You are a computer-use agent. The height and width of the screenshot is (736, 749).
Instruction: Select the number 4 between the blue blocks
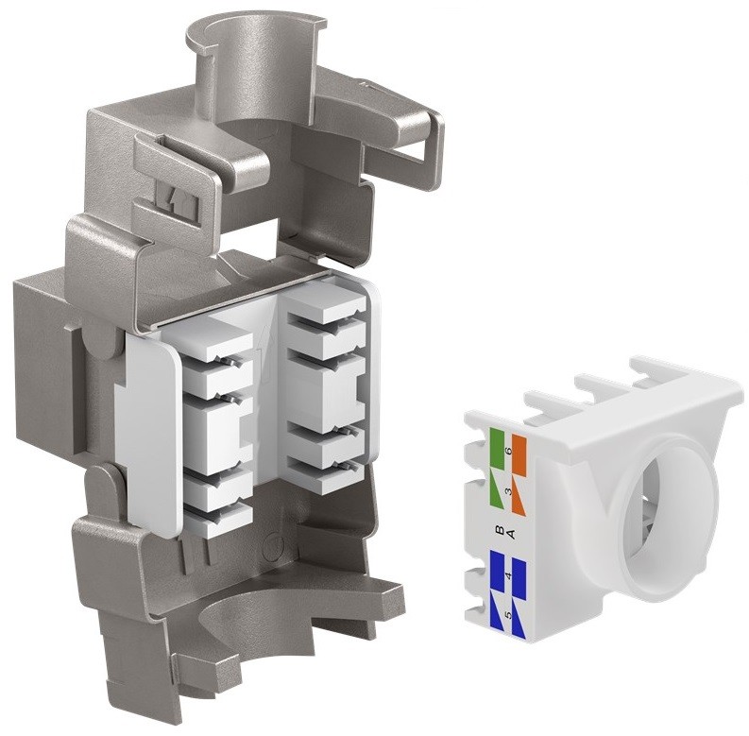(508, 575)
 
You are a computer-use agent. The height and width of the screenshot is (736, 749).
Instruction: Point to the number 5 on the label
(508, 615)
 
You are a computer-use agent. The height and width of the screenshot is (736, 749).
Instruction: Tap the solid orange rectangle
(519, 456)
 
